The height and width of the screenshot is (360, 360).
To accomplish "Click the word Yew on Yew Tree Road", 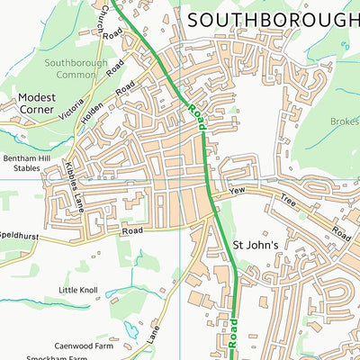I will point(237,191).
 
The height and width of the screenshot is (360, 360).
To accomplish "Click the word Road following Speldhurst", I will point(132,230).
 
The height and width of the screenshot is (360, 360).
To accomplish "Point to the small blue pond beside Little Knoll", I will point(112,292).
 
